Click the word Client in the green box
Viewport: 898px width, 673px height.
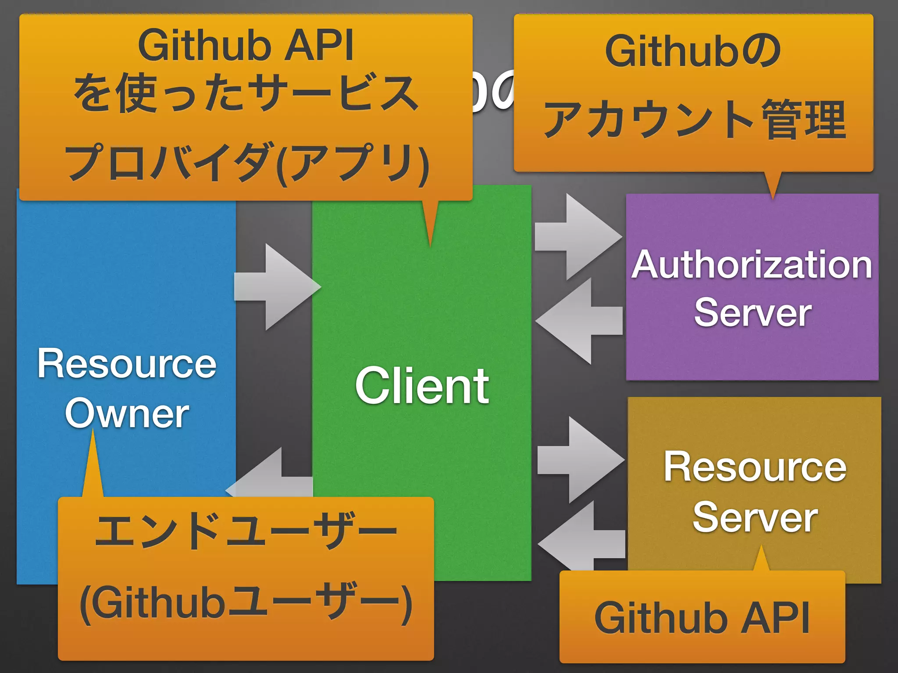click(422, 386)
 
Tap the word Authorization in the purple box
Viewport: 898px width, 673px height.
click(752, 265)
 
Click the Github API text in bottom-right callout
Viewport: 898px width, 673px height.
click(702, 618)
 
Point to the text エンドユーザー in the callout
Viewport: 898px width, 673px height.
click(246, 531)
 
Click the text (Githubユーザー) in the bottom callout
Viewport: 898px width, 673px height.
click(246, 602)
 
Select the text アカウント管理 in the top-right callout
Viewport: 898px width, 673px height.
click(694, 119)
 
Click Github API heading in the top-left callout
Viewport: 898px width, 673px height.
click(246, 45)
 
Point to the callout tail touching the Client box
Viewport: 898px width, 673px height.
click(430, 221)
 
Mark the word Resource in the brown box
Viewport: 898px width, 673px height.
click(755, 467)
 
